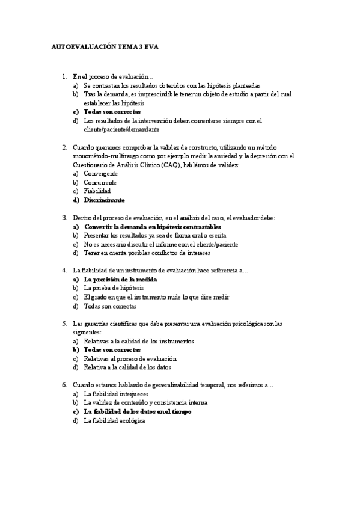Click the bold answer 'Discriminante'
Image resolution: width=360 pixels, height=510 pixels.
(105, 200)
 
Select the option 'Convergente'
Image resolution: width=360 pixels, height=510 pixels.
(100, 173)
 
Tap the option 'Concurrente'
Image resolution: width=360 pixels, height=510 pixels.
(100, 182)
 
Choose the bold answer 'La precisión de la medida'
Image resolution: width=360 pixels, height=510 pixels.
(120, 280)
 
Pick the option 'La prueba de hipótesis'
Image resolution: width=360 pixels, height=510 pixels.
(109, 288)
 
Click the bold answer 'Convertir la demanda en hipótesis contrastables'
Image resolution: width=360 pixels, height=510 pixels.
(152, 227)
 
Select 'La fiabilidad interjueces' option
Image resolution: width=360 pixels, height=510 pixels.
(112, 394)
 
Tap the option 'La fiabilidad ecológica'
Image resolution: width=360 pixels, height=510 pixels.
(114, 420)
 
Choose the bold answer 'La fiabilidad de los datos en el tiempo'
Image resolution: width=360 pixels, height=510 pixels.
(138, 412)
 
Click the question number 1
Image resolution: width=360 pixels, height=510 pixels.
(64, 76)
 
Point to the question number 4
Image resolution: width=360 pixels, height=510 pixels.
(64, 271)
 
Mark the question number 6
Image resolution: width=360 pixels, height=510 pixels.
(64, 385)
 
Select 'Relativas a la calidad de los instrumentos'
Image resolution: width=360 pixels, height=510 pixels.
(139, 341)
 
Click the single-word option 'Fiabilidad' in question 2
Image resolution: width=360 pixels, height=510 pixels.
(97, 191)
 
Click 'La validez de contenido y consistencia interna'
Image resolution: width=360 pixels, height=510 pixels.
(146, 402)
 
